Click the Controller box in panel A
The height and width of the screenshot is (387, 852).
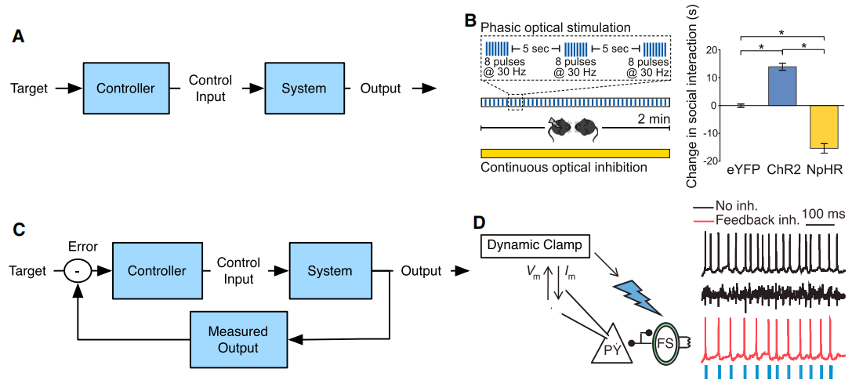click(125, 88)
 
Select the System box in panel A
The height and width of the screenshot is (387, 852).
click(304, 88)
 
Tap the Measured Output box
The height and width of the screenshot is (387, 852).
click(238, 339)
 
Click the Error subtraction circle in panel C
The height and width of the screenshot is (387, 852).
click(77, 272)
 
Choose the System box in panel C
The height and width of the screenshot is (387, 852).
click(329, 271)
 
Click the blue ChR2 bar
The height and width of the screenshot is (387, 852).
click(782, 86)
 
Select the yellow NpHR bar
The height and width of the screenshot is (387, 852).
click(825, 127)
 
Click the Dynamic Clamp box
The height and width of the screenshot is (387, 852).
click(535, 245)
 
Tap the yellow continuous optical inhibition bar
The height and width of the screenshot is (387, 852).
click(575, 153)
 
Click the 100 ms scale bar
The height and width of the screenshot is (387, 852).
click(824, 226)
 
